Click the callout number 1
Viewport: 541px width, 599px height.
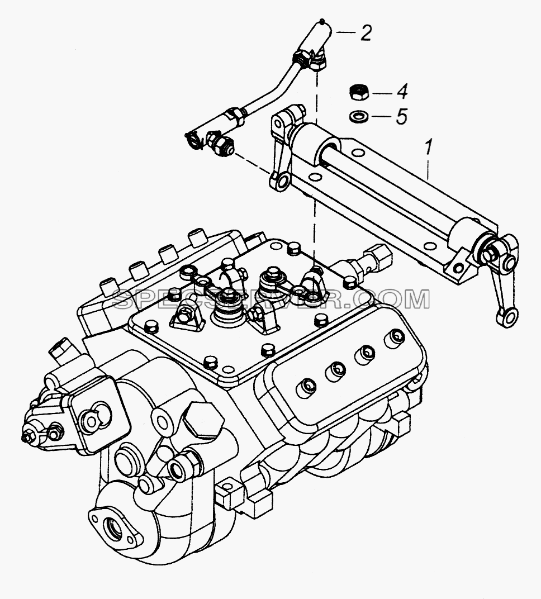(429, 148)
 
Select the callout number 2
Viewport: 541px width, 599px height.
(366, 33)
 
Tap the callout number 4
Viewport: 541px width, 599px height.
(401, 92)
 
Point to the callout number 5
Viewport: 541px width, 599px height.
(401, 116)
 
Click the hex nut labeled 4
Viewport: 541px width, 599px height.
(359, 93)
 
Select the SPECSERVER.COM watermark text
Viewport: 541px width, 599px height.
(272, 299)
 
